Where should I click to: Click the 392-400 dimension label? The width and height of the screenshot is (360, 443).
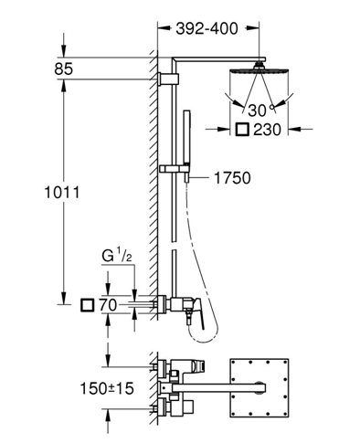pos(206,29)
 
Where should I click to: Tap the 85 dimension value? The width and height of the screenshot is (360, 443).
pos(64,69)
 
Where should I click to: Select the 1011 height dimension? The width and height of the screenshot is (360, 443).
pos(62,193)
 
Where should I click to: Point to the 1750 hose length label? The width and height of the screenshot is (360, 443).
pos(232,178)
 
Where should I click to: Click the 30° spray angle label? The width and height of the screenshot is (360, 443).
pos(261,111)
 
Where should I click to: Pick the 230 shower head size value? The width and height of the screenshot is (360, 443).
pos(267,130)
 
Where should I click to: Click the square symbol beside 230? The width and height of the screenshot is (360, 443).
pos(242,130)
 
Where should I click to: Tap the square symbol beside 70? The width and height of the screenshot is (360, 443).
pos(88,305)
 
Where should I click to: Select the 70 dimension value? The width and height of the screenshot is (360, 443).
pos(108,305)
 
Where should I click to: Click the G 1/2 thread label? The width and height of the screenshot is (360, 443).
pos(117,257)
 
